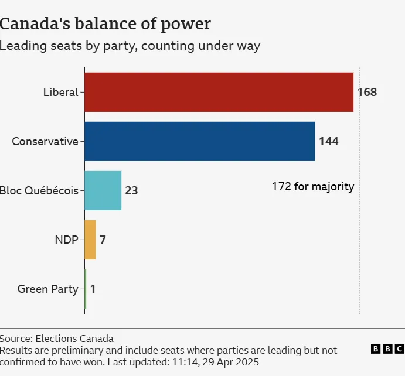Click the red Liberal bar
[219, 92]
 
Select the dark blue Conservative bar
[200, 141]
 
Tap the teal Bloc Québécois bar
[103, 190]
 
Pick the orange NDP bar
[90, 240]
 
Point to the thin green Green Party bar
[86, 289]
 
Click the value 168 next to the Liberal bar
[367, 92]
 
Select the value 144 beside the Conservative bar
[329, 141]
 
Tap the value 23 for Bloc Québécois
[131, 190]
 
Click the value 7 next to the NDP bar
[103, 240]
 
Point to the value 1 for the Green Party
[93, 289]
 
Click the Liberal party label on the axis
[60, 92]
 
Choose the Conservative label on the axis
[45, 141]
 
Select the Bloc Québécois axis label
[39, 190]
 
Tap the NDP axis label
[66, 240]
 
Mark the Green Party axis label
[47, 289]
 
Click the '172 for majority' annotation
[313, 187]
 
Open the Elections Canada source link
[74, 338]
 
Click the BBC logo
[387, 349]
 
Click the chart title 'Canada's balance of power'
[105, 24]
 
